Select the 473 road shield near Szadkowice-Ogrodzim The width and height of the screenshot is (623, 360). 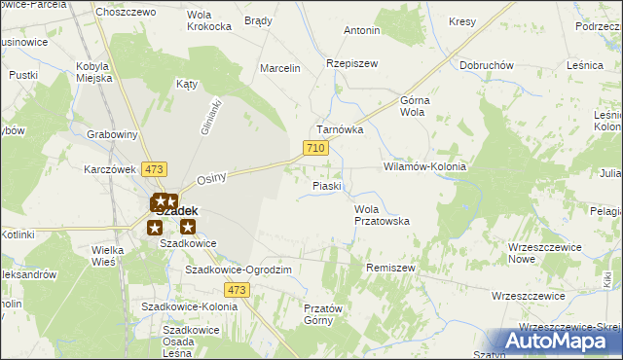point(236,290)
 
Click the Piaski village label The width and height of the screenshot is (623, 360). point(326,186)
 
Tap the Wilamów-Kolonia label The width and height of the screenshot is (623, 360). point(425,166)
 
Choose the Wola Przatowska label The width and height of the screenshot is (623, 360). point(382,215)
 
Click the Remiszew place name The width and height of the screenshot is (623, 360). point(390,267)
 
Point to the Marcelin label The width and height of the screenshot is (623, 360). point(280,68)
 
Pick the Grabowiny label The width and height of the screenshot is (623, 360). point(110,134)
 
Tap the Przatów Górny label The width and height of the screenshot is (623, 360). point(318,314)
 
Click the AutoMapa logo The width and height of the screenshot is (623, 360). point(556,341)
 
